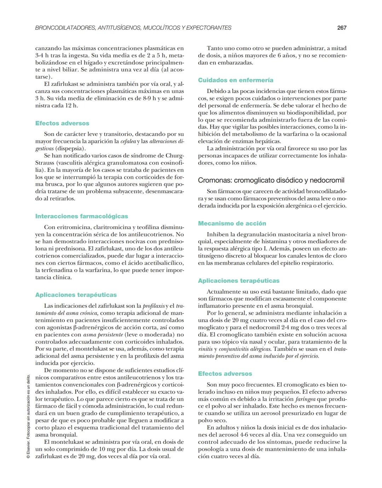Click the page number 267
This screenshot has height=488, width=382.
tap(342, 28)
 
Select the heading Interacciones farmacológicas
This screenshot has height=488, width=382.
tap(82, 216)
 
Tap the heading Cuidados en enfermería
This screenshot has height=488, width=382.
tap(236, 80)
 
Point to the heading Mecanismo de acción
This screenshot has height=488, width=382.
tap(232, 223)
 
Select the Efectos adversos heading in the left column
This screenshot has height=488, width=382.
tap(62, 123)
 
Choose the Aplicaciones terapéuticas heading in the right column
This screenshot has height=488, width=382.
tap(239, 280)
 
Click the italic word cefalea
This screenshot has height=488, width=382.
tap(128, 141)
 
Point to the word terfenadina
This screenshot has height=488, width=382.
tap(54, 270)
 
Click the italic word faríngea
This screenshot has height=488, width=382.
tap(305, 399)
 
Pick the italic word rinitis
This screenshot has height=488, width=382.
tap(206, 349)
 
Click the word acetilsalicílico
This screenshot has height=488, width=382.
tap(164, 263)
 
